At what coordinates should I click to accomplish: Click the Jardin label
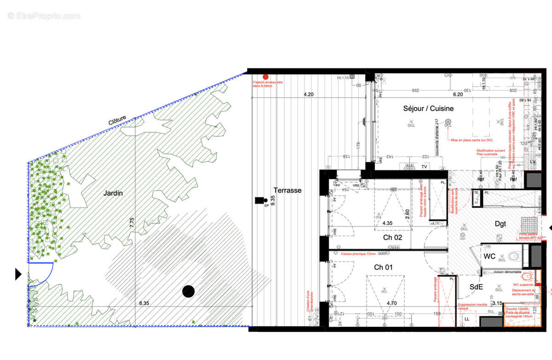pyautogui.click(x=113, y=193)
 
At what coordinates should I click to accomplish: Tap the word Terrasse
pyautogui.click(x=287, y=190)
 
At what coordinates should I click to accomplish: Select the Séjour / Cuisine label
pyautogui.click(x=428, y=109)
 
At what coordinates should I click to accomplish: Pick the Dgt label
pyautogui.click(x=500, y=224)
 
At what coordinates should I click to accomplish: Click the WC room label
pyautogui.click(x=489, y=256)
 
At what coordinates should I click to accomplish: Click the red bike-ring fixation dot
pyautogui.click(x=265, y=77)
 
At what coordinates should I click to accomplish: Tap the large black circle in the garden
pyautogui.click(x=188, y=291)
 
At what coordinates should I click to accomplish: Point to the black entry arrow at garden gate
pyautogui.click(x=18, y=275)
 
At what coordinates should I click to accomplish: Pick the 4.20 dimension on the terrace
pyautogui.click(x=308, y=94)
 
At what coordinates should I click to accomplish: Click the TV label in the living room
pyautogui.click(x=425, y=167)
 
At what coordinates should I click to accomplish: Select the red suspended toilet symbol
pyautogui.click(x=527, y=277)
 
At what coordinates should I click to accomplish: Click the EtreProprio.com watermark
pyautogui.click(x=44, y=16)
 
